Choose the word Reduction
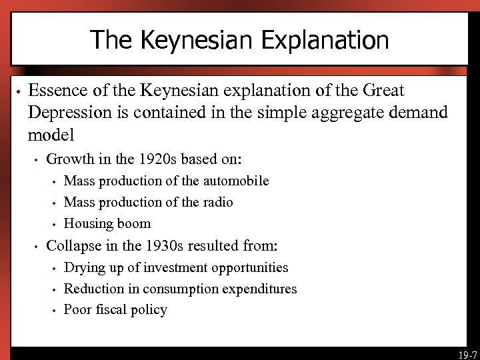[93, 289]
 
